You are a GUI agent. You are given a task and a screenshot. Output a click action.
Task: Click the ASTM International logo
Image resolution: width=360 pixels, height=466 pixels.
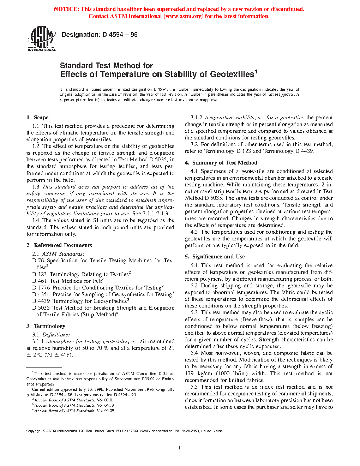pos(42,39)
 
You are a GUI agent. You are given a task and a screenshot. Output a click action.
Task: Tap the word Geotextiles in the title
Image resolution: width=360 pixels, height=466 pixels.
pos(232,74)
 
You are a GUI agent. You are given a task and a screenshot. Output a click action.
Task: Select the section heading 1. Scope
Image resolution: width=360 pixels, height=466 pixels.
pos(37,118)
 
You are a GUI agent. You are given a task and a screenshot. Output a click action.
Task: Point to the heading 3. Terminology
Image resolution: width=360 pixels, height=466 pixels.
pos(46,326)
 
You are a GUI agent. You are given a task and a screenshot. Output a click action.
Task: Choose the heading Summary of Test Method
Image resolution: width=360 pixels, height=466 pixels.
pos(224,163)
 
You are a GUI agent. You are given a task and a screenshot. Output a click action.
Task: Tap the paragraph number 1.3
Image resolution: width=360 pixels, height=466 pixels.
pos(36,187)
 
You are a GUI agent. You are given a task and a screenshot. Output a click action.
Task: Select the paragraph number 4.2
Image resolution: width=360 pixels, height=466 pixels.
pos(194,232)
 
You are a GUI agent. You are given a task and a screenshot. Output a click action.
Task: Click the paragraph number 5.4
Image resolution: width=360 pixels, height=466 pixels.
pos(194,353)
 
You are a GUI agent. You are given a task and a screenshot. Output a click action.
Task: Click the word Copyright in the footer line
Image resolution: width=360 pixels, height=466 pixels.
pos(34,431)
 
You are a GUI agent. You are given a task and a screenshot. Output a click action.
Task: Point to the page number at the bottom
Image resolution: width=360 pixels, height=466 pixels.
pos(180,448)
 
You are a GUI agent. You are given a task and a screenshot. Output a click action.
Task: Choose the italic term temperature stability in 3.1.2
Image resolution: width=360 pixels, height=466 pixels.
pos(230,118)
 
